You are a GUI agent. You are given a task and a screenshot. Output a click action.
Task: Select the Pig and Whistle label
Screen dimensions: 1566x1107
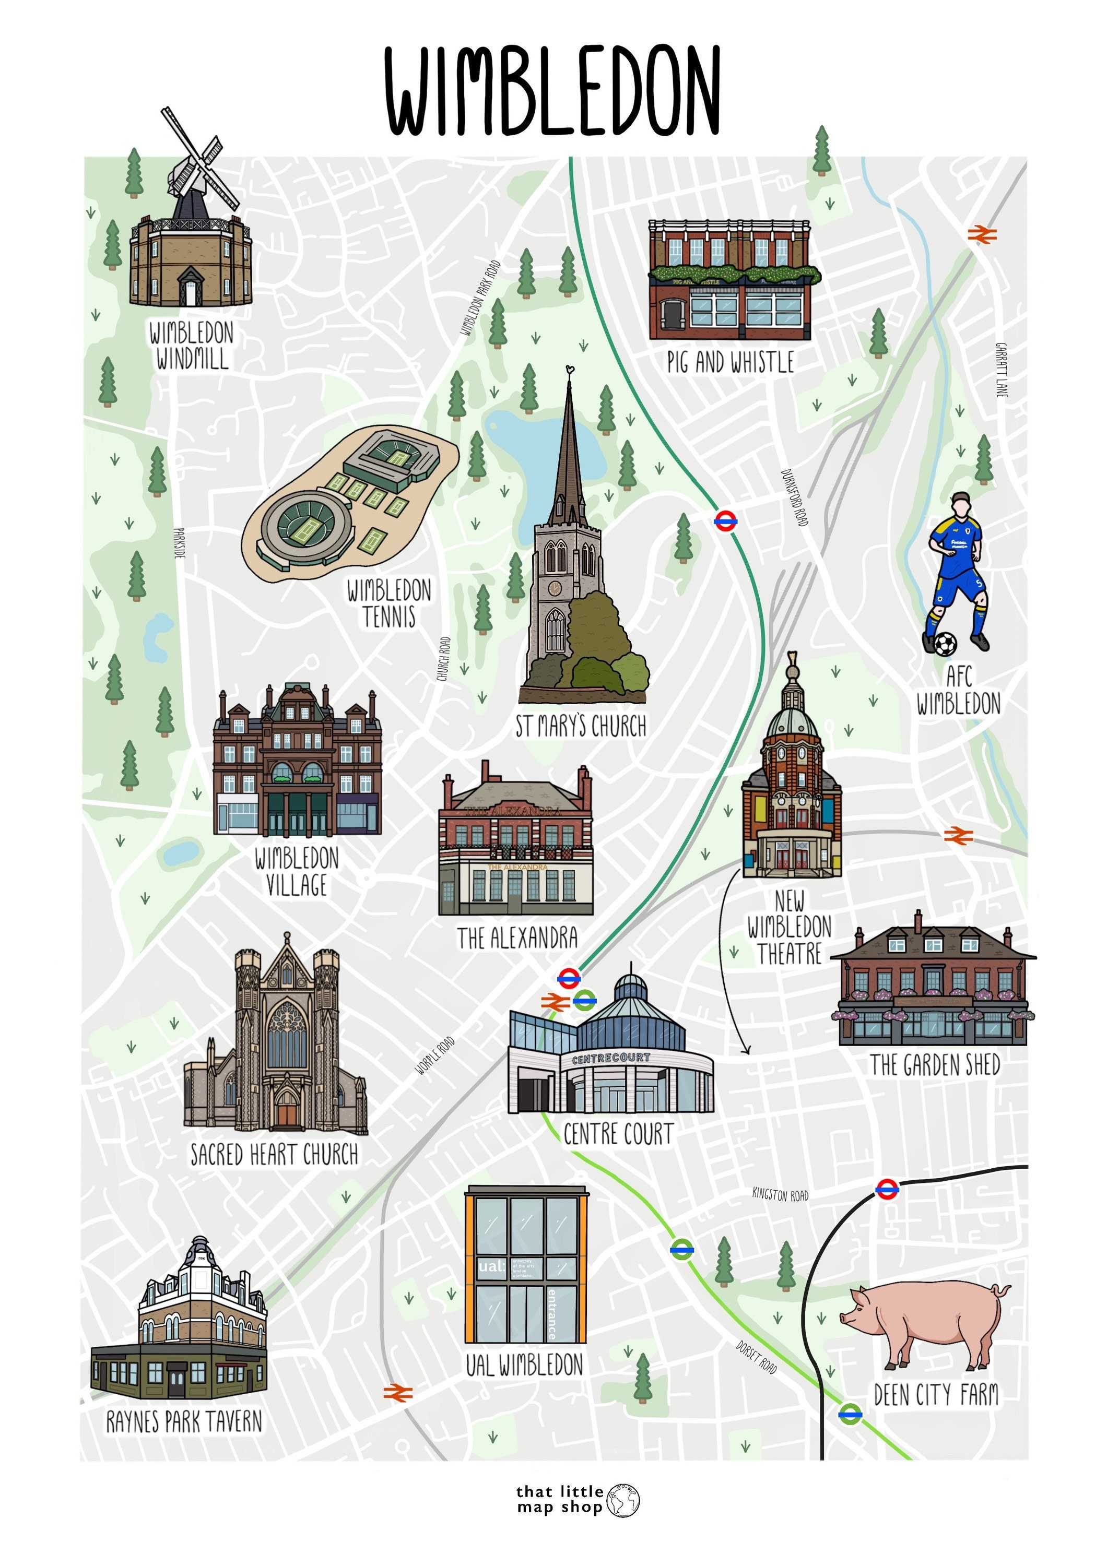click(x=731, y=362)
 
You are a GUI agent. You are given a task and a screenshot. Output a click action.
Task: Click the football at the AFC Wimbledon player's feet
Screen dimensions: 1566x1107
click(x=945, y=643)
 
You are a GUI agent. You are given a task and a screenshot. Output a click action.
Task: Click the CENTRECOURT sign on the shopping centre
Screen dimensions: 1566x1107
click(x=610, y=1059)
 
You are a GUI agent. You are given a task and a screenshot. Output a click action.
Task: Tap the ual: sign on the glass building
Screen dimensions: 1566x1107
click(x=492, y=1266)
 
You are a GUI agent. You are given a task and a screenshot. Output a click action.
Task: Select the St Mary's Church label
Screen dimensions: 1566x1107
click(x=581, y=727)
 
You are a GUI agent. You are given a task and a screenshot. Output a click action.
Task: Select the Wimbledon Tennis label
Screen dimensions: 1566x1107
click(x=389, y=603)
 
